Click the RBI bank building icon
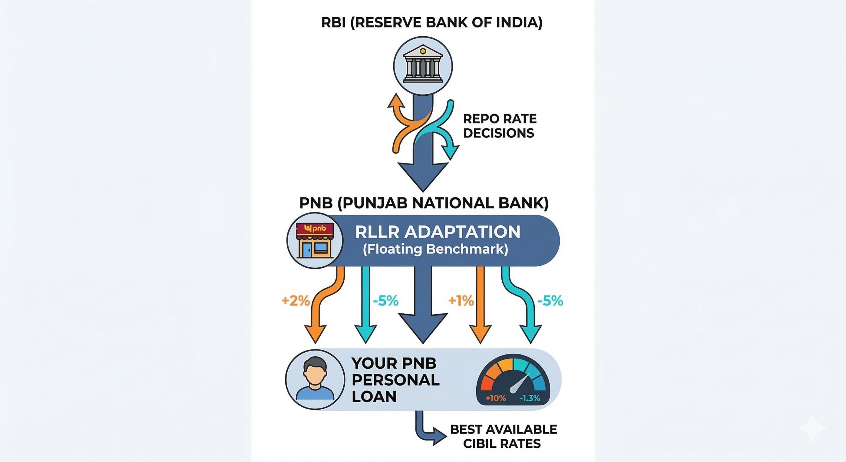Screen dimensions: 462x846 (423, 66)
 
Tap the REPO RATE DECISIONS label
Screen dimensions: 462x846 (499, 126)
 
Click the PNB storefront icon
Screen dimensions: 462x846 (315, 240)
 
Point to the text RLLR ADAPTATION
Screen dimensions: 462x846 (438, 232)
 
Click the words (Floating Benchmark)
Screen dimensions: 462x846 (435, 249)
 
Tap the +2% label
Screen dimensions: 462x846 (295, 300)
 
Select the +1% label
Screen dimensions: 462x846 (461, 300)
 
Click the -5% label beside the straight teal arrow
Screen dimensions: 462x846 (386, 301)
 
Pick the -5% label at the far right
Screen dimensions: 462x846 (550, 301)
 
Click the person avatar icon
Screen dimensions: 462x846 (315, 380)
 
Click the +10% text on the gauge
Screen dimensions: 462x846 (496, 398)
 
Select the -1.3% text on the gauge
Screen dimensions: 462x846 (530, 398)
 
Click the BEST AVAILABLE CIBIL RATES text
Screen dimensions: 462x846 (503, 436)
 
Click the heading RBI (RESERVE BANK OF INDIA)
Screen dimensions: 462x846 (432, 23)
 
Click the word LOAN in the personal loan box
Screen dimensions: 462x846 (374, 396)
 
